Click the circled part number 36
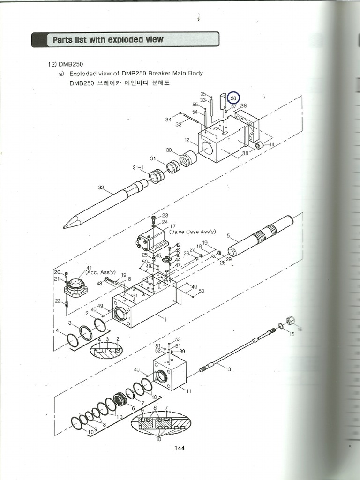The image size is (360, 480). (x=233, y=98)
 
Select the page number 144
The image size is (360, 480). (x=179, y=448)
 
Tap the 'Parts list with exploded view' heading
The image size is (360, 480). (x=108, y=40)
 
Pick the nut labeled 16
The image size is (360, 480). (x=290, y=321)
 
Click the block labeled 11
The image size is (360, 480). (x=169, y=372)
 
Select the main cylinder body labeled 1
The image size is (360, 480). (x=144, y=305)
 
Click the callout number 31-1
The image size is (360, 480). (x=138, y=167)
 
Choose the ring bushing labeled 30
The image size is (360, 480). (x=188, y=159)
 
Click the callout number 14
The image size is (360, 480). (x=272, y=144)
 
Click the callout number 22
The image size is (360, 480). (x=58, y=301)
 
